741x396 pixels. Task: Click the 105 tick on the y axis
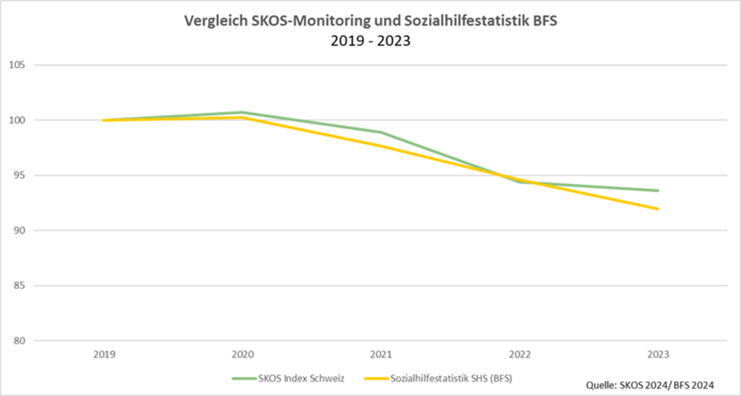tap(17, 65)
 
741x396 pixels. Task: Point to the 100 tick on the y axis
tap(17, 120)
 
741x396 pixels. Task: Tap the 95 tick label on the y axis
tap(19, 176)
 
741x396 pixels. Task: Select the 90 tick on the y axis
tap(19, 230)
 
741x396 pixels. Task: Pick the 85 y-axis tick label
tap(19, 285)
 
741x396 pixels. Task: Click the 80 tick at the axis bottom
tap(19, 340)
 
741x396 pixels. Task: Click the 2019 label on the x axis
tap(105, 355)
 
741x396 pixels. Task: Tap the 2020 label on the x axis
tap(243, 355)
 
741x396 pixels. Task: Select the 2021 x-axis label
tap(381, 355)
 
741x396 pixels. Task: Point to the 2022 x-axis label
tap(520, 355)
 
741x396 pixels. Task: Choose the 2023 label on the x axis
tap(658, 355)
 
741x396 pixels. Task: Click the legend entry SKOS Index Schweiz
tap(301, 378)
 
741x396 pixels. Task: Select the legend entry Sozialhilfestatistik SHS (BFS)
tap(451, 378)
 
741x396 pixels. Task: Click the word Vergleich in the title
tap(216, 21)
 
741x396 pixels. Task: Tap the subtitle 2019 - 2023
tap(370, 41)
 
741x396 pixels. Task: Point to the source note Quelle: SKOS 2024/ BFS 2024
tap(649, 385)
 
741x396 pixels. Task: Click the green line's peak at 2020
tap(243, 112)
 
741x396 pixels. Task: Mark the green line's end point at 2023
tap(658, 191)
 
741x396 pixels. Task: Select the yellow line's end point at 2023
tap(658, 209)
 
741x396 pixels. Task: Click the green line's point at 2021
tap(381, 132)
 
